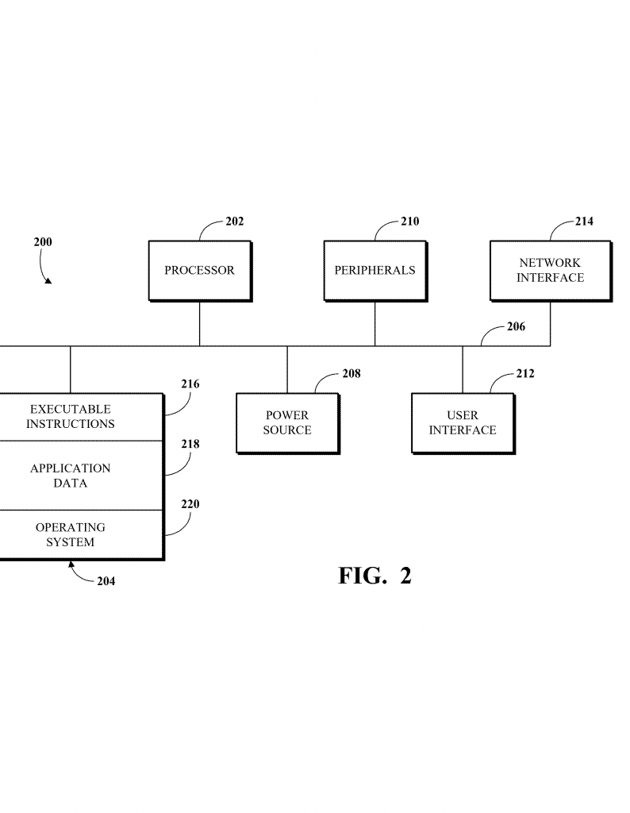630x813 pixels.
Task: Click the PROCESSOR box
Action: [x=199, y=271]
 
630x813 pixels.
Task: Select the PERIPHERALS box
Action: [x=375, y=271]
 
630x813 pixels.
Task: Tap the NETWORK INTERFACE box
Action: [x=550, y=271]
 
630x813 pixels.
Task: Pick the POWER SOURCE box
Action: [x=287, y=423]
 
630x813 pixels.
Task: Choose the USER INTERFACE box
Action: [x=463, y=423]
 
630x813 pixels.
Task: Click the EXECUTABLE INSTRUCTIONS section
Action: [x=71, y=417]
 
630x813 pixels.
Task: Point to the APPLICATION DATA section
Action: [x=71, y=476]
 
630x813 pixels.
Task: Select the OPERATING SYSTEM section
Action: [x=71, y=535]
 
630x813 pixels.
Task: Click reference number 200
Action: [x=43, y=241]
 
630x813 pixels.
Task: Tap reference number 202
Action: [x=235, y=222]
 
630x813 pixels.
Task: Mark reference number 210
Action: [x=409, y=222]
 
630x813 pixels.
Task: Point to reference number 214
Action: [x=584, y=222]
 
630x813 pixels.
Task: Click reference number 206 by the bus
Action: [x=516, y=326]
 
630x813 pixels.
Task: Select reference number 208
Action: [x=351, y=373]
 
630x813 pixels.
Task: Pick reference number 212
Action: [x=525, y=373]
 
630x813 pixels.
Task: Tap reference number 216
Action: [x=190, y=384]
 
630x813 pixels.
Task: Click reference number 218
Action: [x=190, y=445]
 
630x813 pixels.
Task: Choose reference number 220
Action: [x=190, y=504]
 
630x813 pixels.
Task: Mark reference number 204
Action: [x=106, y=581]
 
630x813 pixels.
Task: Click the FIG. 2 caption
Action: [x=375, y=576]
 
